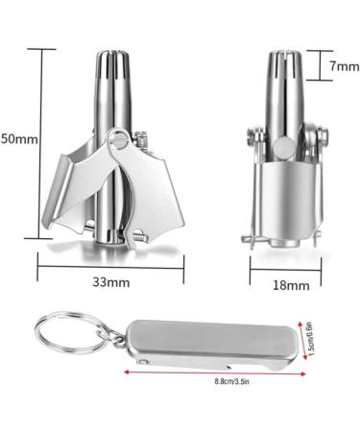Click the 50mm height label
[18, 138]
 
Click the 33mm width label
[111, 282]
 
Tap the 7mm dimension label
[343, 67]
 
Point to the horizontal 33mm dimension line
[111, 266]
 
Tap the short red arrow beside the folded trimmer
[300, 340]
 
